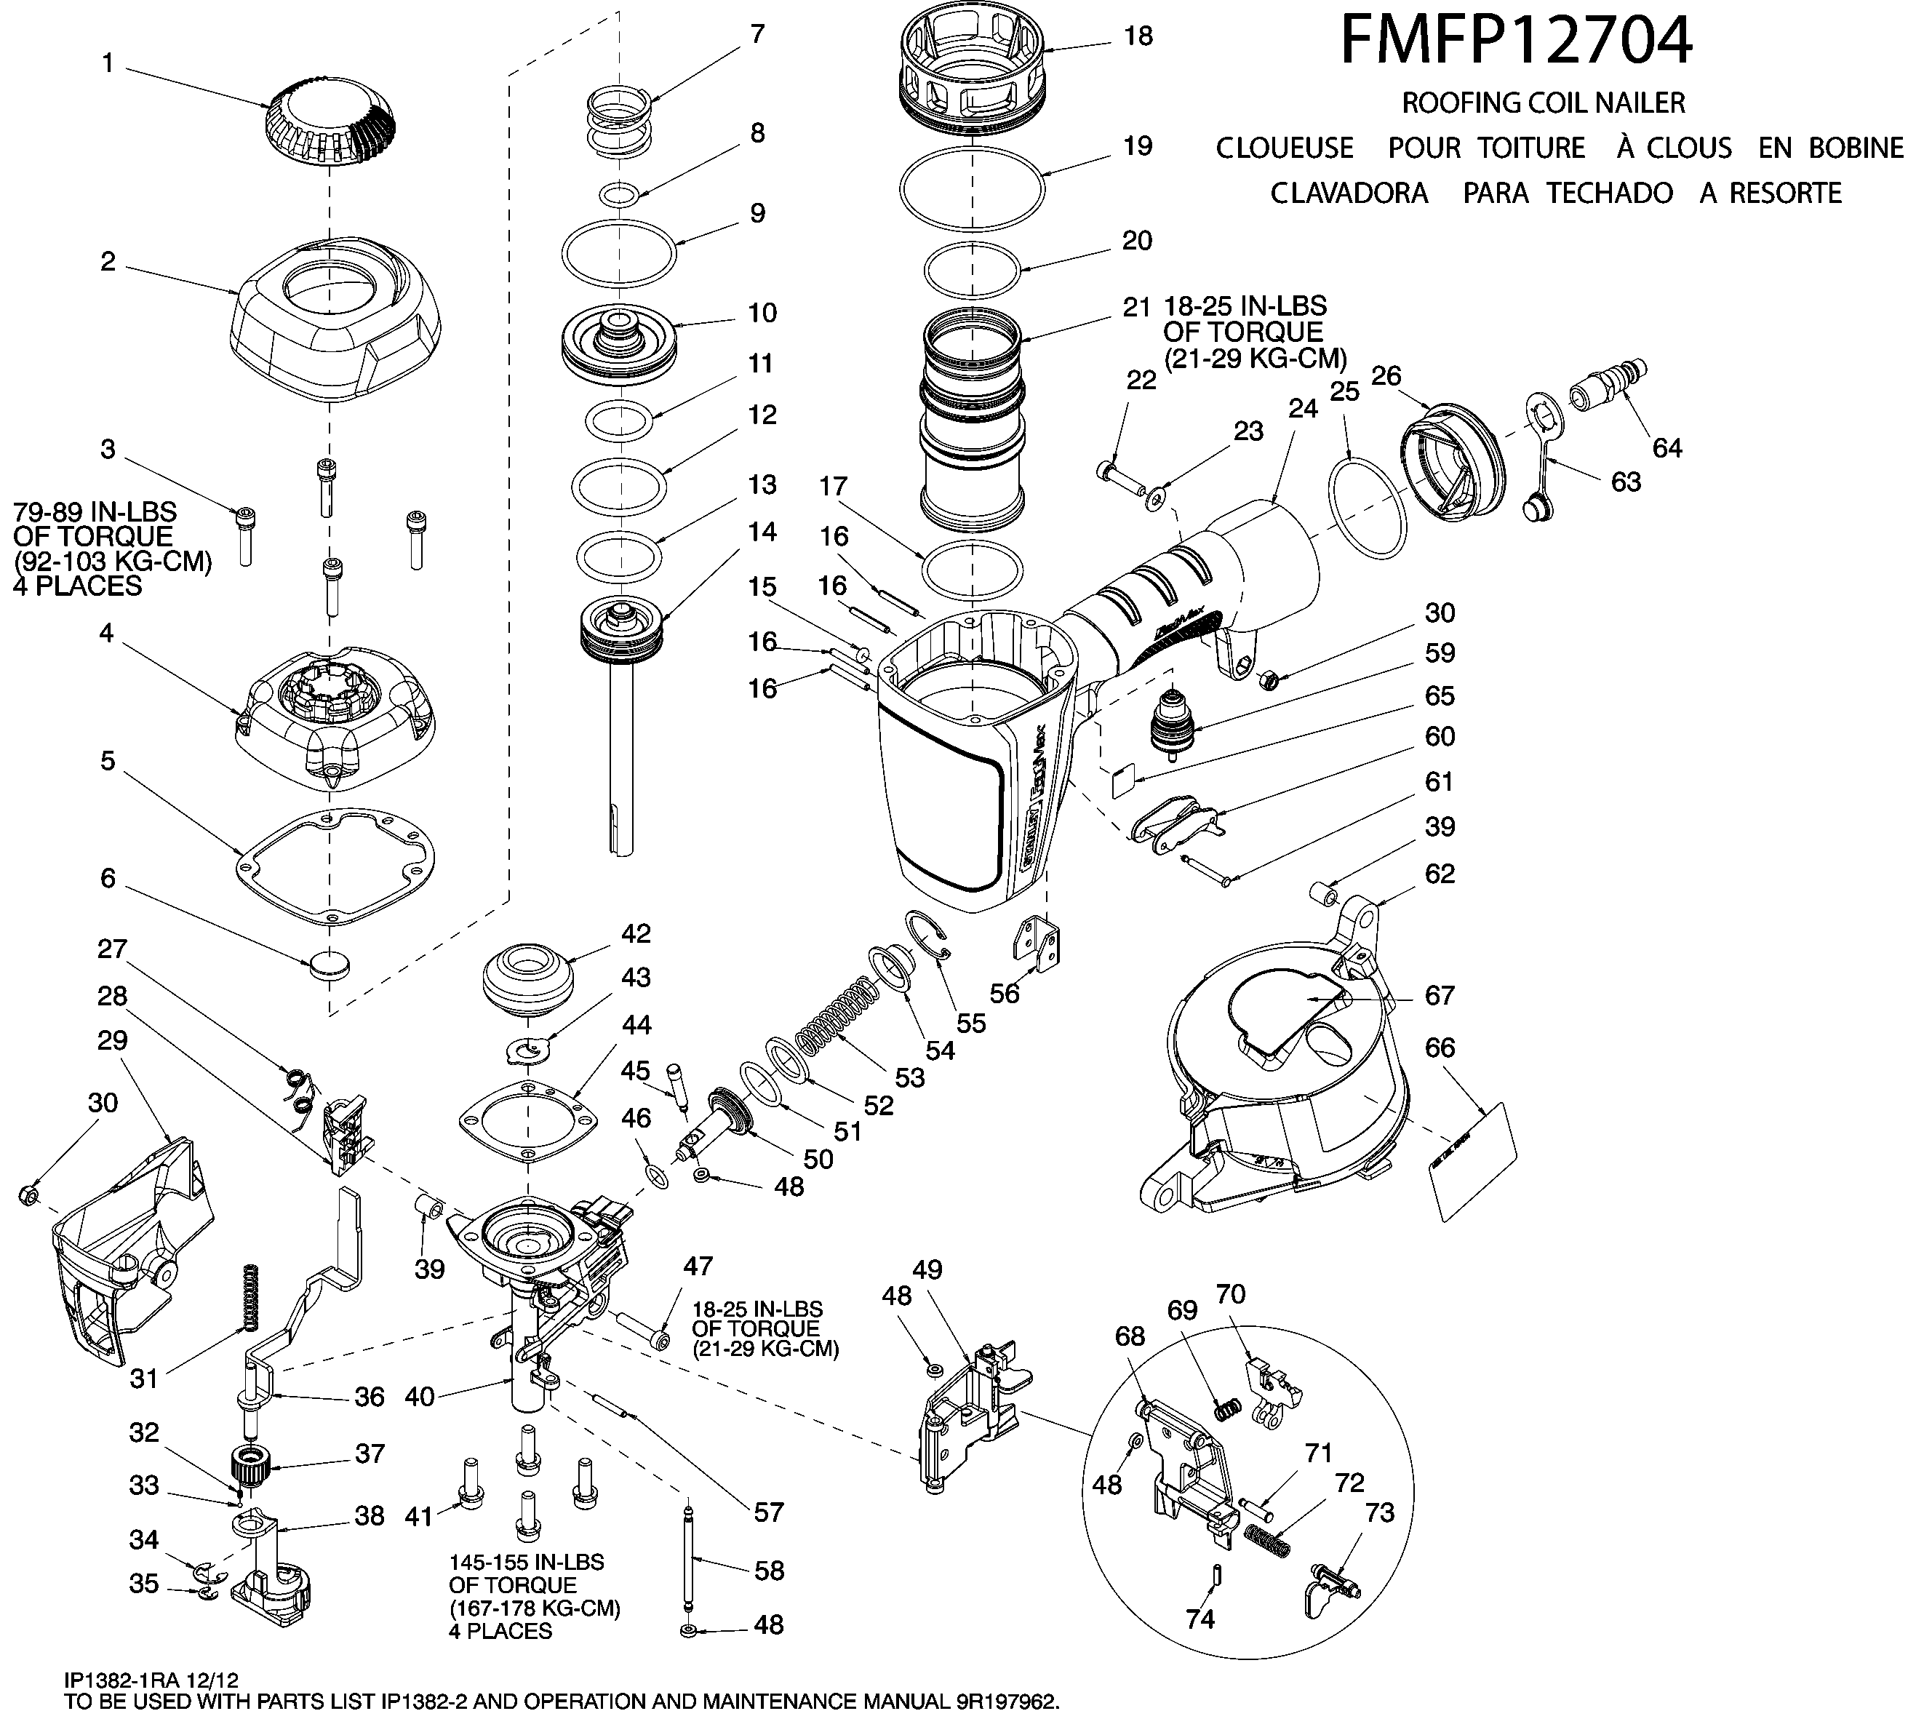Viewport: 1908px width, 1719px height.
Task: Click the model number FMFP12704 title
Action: click(x=1516, y=41)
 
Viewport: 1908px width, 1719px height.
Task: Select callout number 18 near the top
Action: click(x=1139, y=36)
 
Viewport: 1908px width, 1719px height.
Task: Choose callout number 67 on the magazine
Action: click(x=1440, y=994)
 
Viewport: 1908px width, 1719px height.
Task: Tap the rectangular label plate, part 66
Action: click(x=1474, y=1161)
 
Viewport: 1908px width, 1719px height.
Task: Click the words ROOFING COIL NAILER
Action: click(x=1542, y=102)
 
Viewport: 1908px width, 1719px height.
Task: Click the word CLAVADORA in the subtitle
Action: click(x=1348, y=194)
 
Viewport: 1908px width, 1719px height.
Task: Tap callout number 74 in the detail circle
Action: click(x=1200, y=1619)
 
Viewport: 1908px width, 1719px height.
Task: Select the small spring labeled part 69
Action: click(x=1226, y=1409)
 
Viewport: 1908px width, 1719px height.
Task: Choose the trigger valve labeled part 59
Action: click(x=1171, y=727)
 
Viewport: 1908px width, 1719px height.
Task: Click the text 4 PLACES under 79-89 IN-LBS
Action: click(x=77, y=586)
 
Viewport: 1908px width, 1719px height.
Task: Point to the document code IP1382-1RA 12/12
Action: click(x=151, y=1680)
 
